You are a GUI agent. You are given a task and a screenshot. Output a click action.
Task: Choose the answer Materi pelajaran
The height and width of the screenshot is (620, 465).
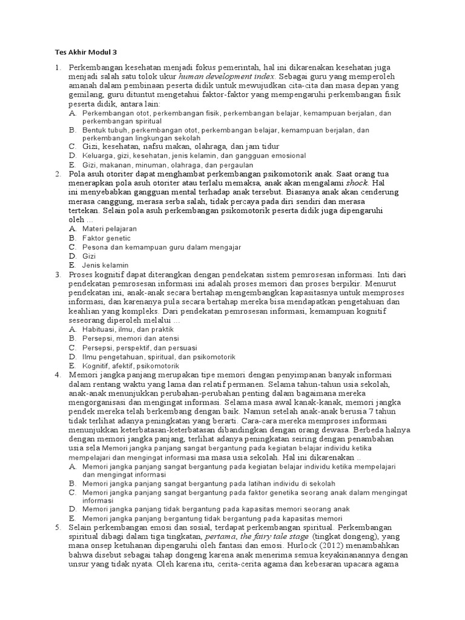110,229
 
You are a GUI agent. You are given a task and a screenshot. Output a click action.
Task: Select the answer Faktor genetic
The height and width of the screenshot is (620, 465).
107,238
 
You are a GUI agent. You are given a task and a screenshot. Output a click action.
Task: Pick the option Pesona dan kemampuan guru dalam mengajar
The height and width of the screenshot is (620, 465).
162,247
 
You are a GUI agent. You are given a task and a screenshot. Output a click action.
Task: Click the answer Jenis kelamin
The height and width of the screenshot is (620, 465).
105,265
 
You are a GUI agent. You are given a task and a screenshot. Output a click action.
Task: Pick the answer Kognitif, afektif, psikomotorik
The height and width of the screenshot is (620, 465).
131,366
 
